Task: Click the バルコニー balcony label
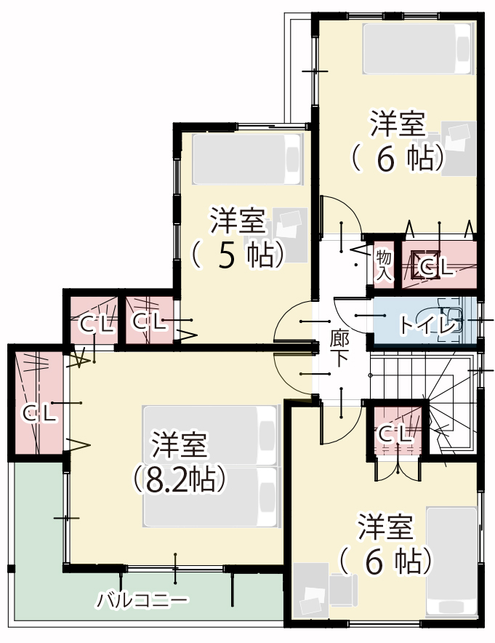coord(142,600)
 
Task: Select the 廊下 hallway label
coord(339,348)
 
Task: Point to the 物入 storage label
coord(384,265)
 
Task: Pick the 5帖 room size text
coord(238,255)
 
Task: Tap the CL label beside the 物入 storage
coord(437,268)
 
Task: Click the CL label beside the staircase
coord(395,434)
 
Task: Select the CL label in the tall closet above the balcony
coord(39,414)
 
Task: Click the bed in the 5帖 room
coord(247,159)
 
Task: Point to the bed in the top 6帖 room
coord(417,49)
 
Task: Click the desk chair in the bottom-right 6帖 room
coord(343,590)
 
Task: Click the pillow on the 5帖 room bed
coord(293,159)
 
